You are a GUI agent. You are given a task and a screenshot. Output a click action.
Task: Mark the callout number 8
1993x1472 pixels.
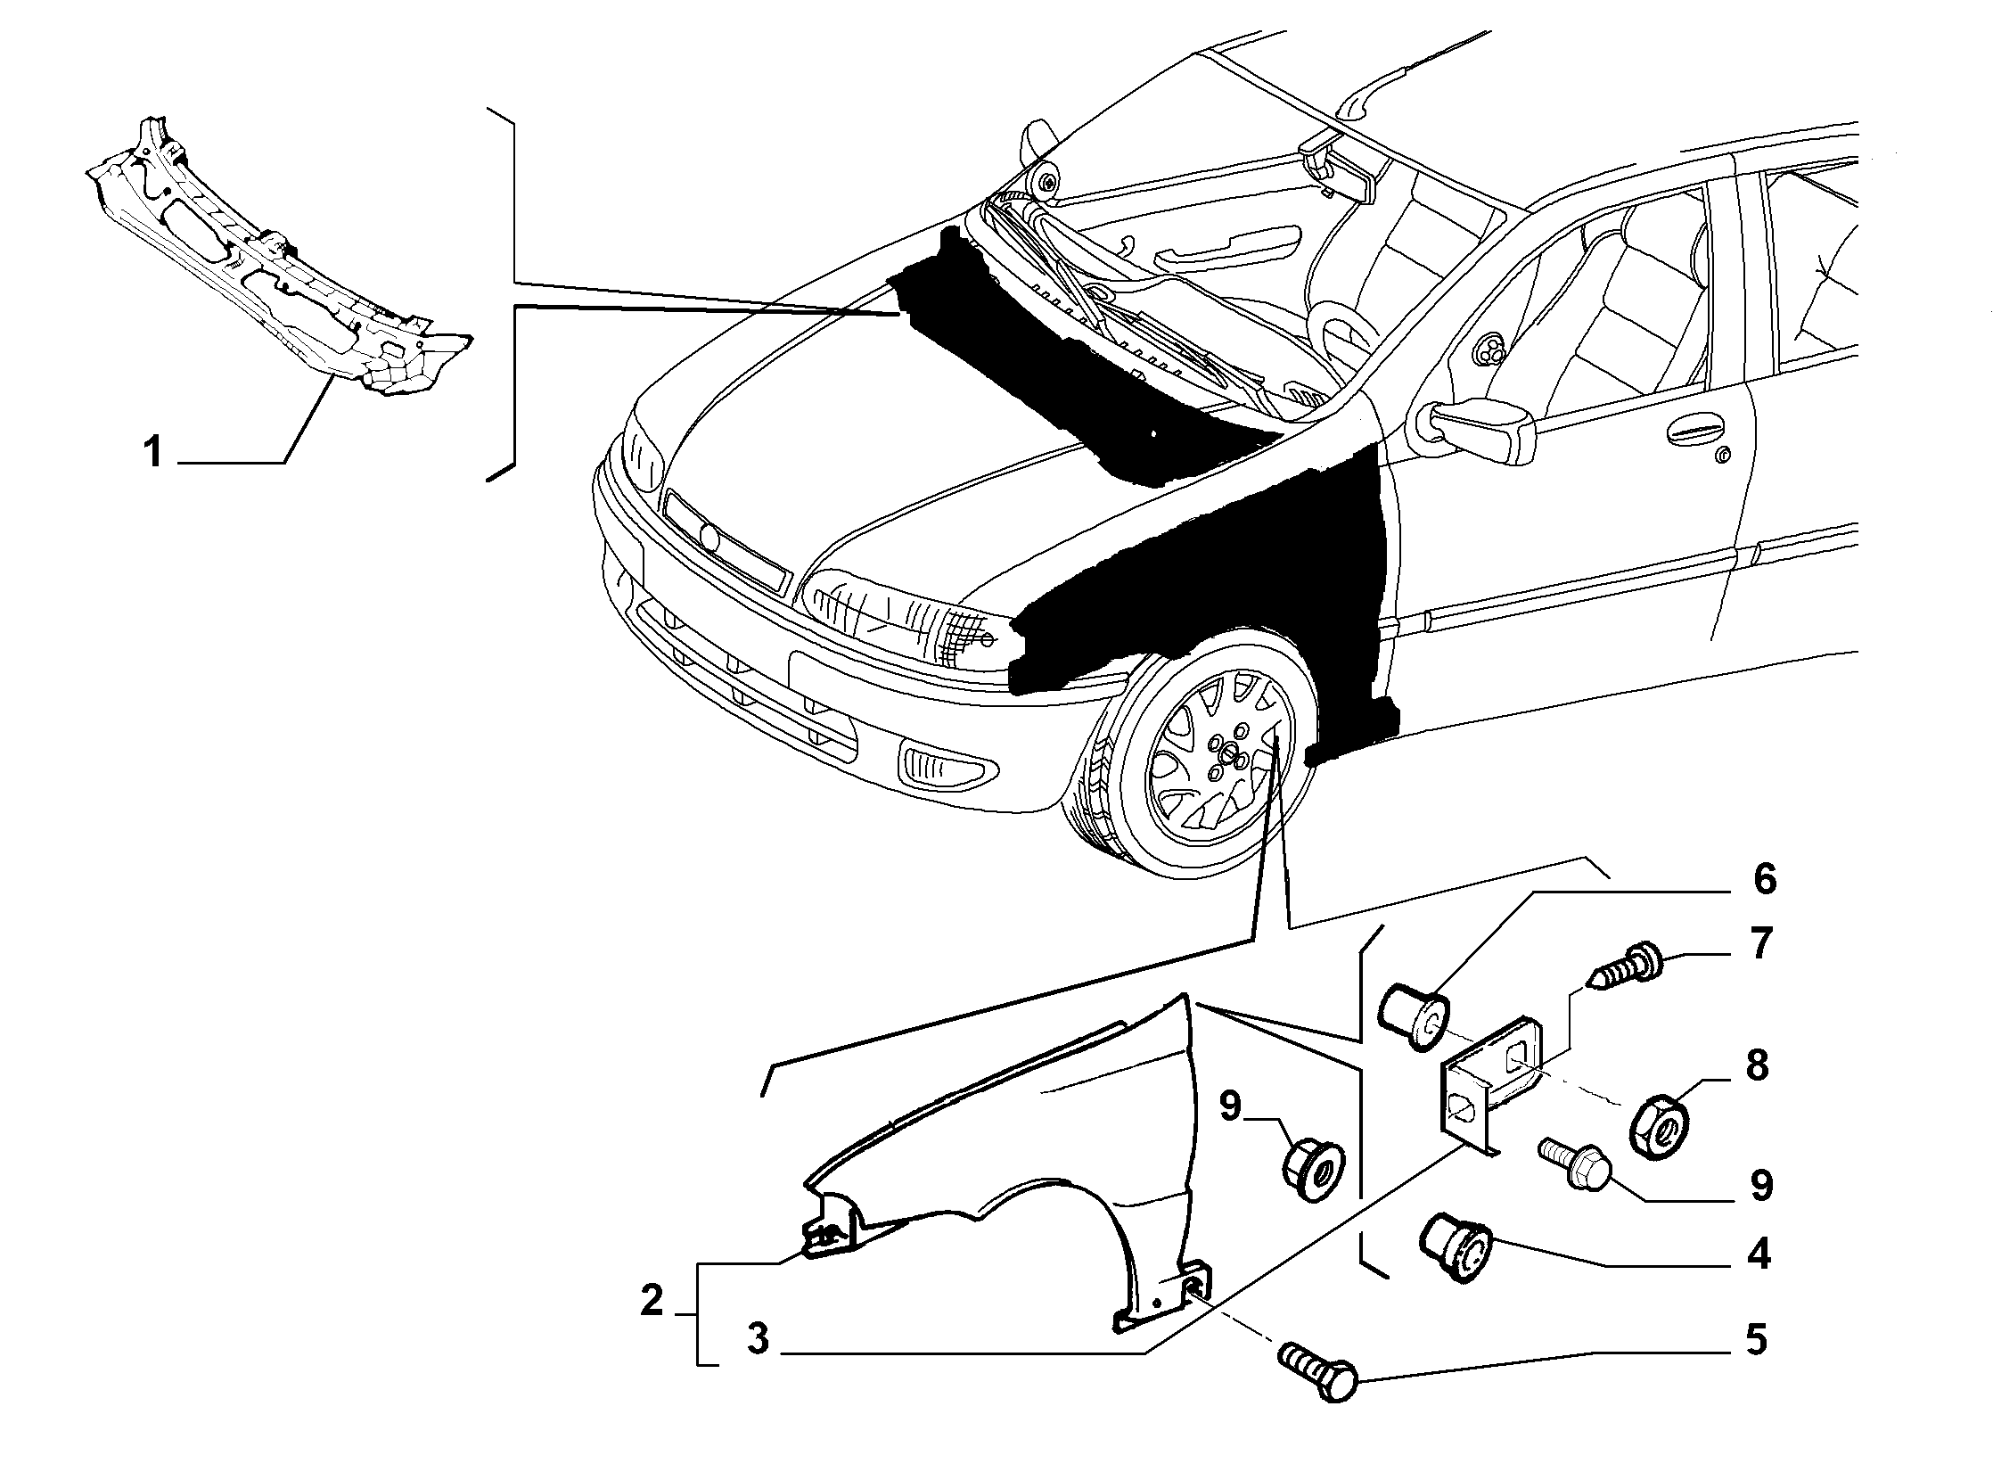pos(1757,1065)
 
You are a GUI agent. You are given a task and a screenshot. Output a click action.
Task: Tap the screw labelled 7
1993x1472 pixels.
pos(1623,967)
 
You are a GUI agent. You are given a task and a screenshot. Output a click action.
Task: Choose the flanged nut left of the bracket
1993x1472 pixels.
pos(1315,1169)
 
